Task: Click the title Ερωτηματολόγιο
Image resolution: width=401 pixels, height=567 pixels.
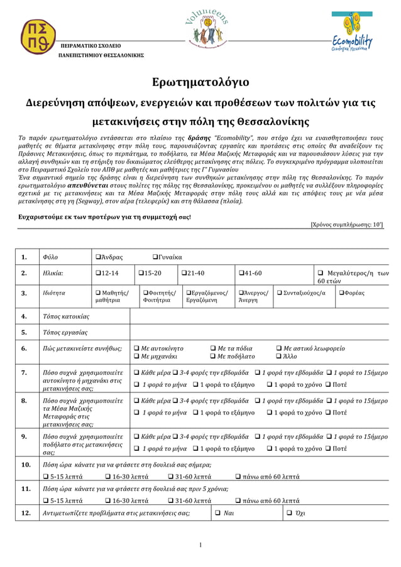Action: pyautogui.click(x=200, y=82)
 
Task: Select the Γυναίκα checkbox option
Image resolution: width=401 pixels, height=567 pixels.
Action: pyautogui.click(x=156, y=257)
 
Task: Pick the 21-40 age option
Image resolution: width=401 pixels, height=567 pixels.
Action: pyautogui.click(x=184, y=273)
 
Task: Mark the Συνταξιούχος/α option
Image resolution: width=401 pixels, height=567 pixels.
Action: pyautogui.click(x=280, y=293)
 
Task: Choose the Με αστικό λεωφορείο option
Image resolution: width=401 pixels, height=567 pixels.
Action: pyautogui.click(x=280, y=348)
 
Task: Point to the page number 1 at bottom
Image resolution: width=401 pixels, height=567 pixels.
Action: pyautogui.click(x=200, y=544)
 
